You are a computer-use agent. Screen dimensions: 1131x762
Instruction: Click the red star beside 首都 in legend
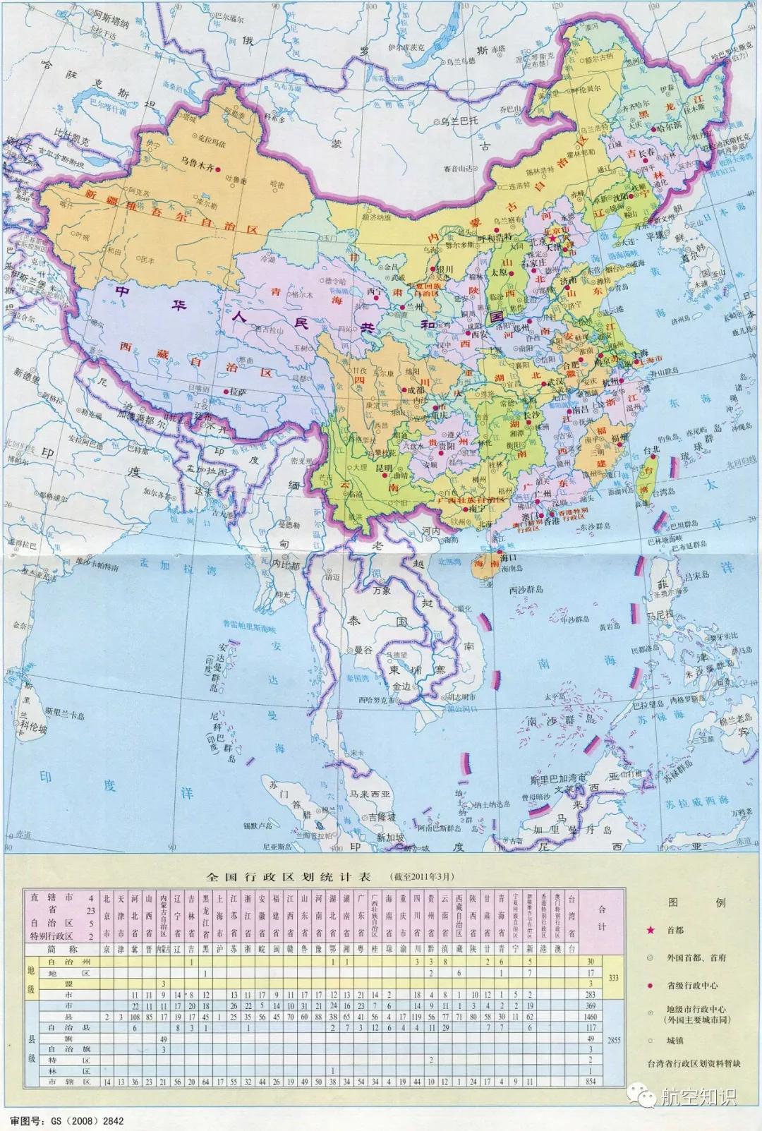tap(651, 931)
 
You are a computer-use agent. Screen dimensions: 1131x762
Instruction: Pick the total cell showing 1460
tap(591, 1017)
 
